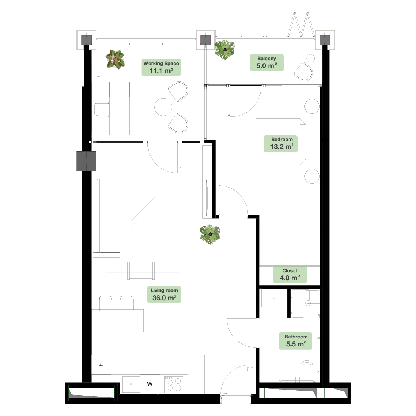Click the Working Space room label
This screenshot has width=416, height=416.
click(161, 67)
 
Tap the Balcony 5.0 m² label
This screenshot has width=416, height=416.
click(267, 63)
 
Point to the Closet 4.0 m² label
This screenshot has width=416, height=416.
click(290, 275)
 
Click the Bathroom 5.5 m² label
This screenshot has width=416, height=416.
click(296, 341)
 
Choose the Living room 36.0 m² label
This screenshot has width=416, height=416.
click(164, 294)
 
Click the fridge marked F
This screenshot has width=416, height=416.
click(101, 365)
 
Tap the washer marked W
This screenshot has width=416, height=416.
click(150, 384)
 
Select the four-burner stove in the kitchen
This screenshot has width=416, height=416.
click(174, 384)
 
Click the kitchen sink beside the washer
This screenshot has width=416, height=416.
click(131, 384)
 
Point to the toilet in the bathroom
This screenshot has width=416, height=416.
click(307, 368)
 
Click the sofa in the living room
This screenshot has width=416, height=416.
click(106, 216)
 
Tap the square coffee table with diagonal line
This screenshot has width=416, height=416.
click(143, 212)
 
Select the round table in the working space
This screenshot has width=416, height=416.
click(163, 107)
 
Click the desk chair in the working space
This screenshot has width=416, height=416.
click(102, 109)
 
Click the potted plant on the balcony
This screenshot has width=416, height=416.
click(225, 50)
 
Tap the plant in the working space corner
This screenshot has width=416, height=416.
click(115, 59)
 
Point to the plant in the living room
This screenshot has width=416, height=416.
click(210, 234)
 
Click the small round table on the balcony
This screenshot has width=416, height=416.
click(310, 58)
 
